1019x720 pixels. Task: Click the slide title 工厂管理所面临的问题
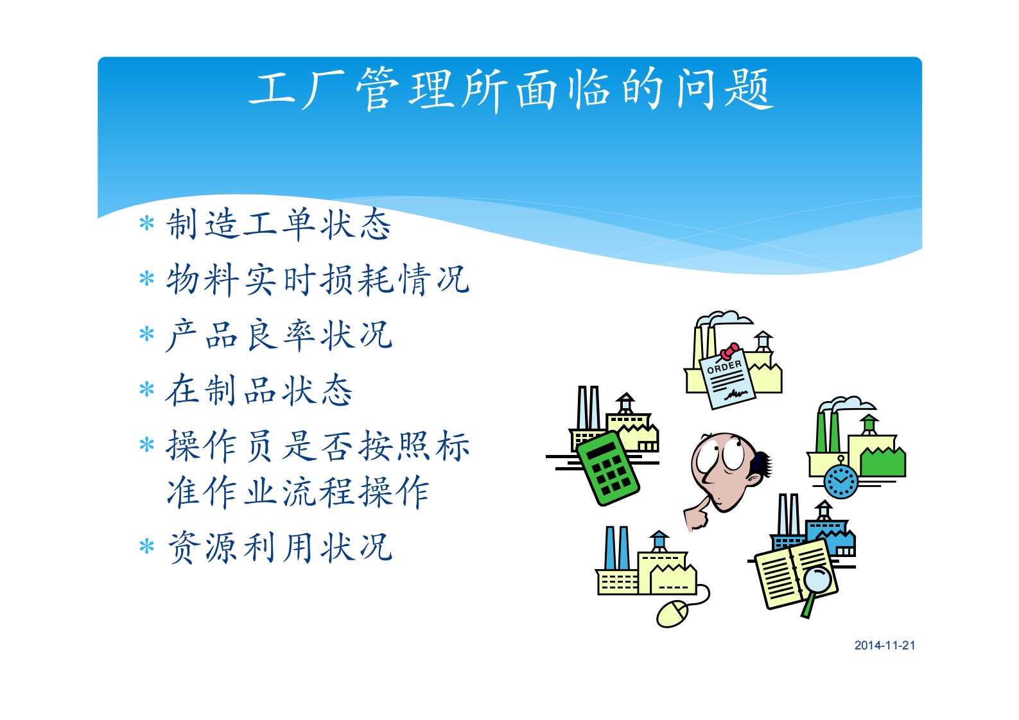[x=510, y=89]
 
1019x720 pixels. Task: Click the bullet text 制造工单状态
[x=278, y=225]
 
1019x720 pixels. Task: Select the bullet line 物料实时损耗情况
[x=317, y=280]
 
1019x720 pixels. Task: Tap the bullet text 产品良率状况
[x=278, y=335]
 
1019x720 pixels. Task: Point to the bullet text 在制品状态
[x=259, y=390]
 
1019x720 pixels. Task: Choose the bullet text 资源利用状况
[x=279, y=547]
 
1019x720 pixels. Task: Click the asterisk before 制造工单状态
[x=147, y=224]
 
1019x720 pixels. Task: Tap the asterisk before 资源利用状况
[x=147, y=547]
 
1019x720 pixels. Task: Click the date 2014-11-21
[x=884, y=646]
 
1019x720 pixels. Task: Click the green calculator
[x=607, y=468]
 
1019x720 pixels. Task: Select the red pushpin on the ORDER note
[x=729, y=351]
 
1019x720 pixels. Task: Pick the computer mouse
[x=672, y=614]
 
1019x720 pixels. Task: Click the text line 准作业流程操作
[x=297, y=492]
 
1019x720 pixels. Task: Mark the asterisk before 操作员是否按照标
[x=147, y=445]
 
